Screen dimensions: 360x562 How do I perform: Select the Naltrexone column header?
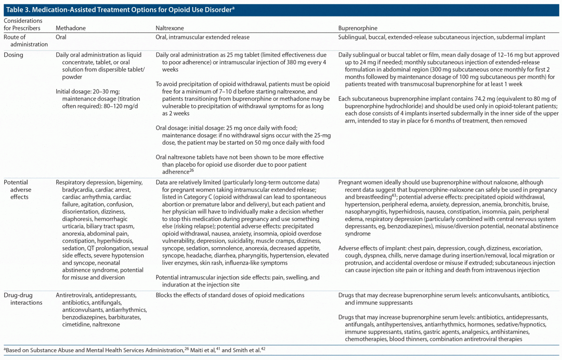point(169,28)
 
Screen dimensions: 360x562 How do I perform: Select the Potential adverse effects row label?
point(16,189)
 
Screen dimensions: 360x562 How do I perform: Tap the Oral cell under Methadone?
point(61,37)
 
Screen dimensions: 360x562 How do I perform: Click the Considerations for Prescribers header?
point(22,24)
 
